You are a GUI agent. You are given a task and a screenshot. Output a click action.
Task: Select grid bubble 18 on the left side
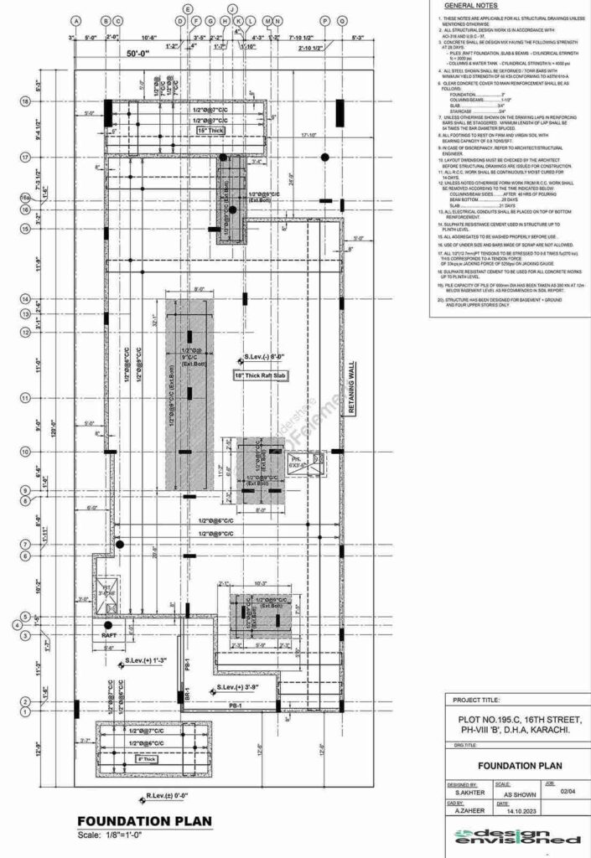click(x=25, y=101)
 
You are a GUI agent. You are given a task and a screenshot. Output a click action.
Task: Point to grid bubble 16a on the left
click(x=25, y=198)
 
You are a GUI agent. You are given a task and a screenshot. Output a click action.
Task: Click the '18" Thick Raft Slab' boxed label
click(x=261, y=375)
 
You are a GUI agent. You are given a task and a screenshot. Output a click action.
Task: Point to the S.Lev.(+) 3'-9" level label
click(x=241, y=687)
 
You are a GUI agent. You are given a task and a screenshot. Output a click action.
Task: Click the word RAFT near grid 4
click(x=109, y=648)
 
